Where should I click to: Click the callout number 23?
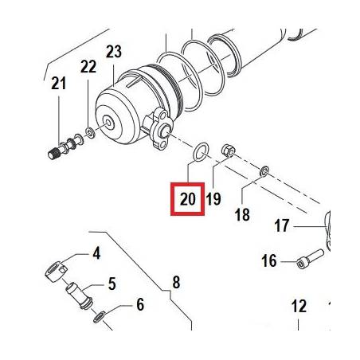[114, 52]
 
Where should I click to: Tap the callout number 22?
[88, 66]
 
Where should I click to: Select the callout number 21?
[59, 83]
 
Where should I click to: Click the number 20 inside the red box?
[188, 199]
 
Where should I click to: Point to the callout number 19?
[213, 199]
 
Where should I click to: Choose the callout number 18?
[242, 214]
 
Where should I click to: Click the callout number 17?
[281, 225]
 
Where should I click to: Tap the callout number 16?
[269, 260]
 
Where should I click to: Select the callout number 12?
[299, 306]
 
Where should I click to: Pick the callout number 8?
[176, 282]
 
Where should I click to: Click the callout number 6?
[140, 304]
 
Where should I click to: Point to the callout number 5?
[112, 284]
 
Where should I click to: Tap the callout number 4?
[96, 253]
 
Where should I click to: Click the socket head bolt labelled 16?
[310, 259]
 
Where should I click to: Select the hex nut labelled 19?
[228, 151]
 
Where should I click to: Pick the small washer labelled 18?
[264, 171]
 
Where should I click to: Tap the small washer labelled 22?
[90, 132]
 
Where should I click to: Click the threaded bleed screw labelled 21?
[65, 147]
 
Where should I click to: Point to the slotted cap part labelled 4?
[56, 271]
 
